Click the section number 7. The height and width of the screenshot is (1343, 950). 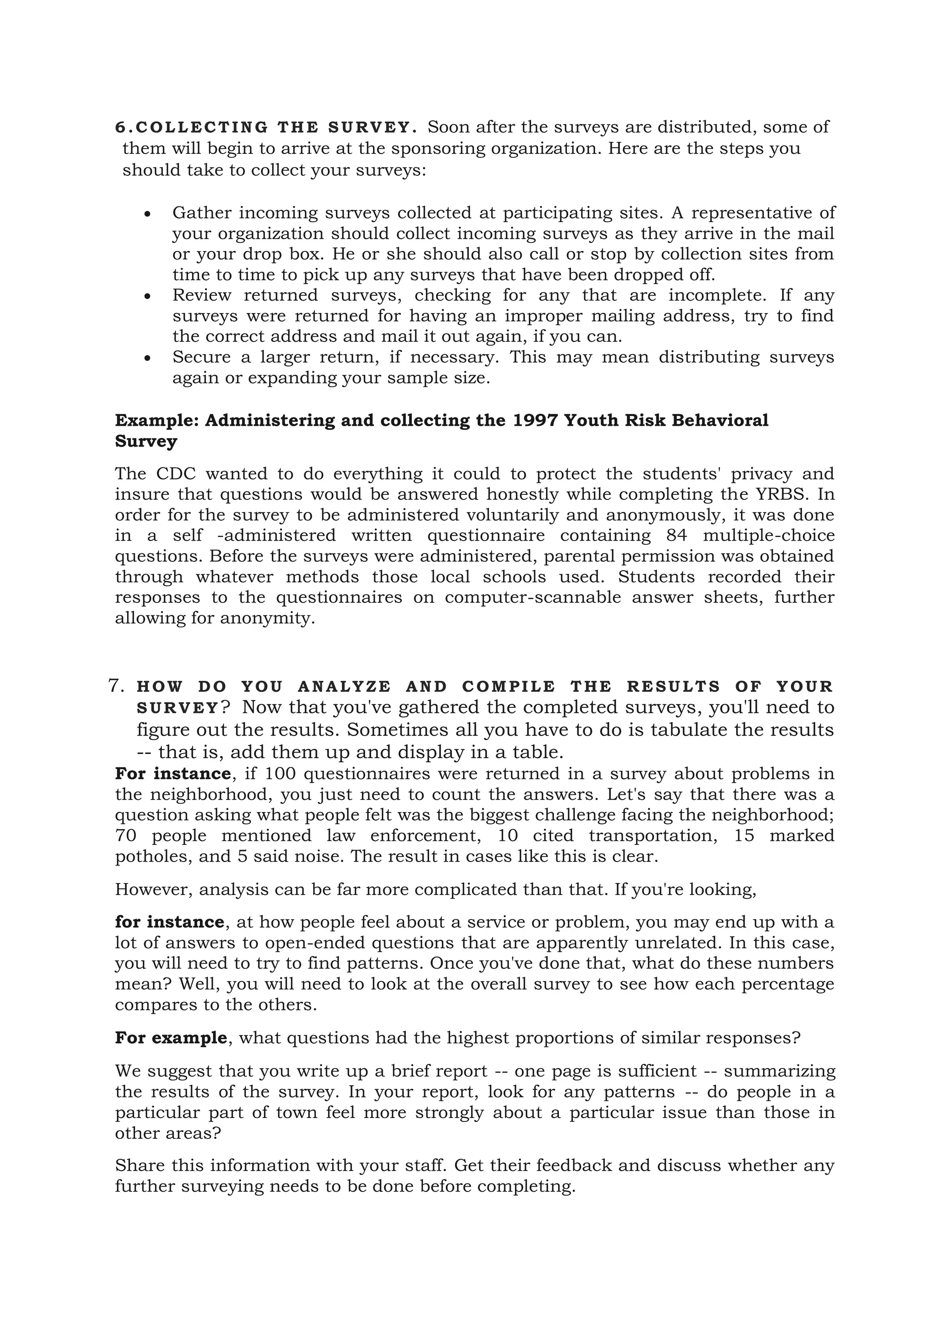click(x=116, y=685)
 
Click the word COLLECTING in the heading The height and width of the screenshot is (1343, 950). click(x=201, y=128)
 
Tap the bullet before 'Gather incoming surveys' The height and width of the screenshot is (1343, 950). click(x=148, y=215)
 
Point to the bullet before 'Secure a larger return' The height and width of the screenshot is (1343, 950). click(x=148, y=358)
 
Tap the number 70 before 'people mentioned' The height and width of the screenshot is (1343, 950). click(x=125, y=836)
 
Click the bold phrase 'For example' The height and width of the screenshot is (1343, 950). click(x=171, y=1038)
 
